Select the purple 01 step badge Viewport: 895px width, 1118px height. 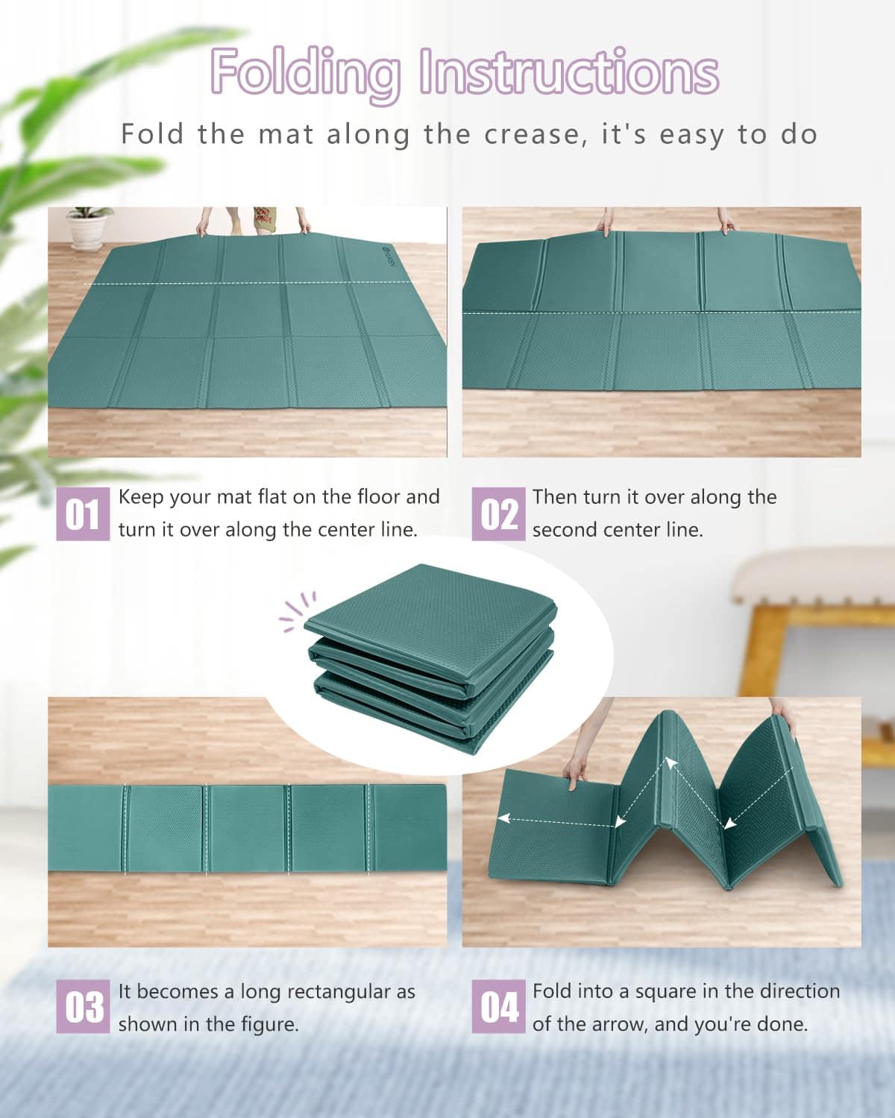tap(83, 514)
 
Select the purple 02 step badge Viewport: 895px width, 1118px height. tap(498, 514)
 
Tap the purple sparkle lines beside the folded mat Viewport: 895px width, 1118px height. tap(296, 612)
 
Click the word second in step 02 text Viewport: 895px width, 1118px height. tap(565, 530)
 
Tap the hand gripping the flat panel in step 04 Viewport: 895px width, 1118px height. tap(574, 771)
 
